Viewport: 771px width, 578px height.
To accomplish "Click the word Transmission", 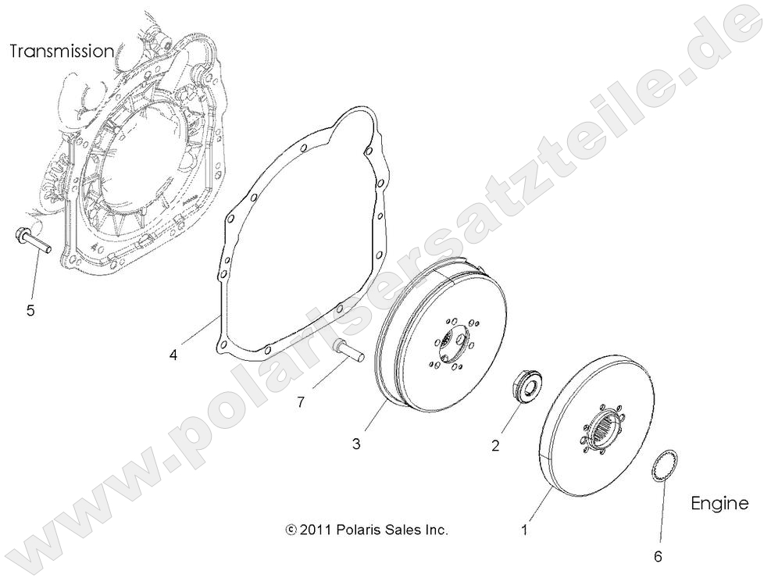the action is click(62, 52).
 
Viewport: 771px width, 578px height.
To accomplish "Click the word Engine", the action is click(719, 503).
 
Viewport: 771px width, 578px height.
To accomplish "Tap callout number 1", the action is click(525, 530).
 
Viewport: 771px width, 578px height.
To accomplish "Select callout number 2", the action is click(494, 447).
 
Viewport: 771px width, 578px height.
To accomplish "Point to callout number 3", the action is click(356, 444).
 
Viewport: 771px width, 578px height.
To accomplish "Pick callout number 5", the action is click(30, 310).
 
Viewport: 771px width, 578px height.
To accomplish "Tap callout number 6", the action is click(658, 557).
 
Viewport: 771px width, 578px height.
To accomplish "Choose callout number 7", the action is click(301, 402).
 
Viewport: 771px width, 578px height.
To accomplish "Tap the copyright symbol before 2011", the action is click(291, 530).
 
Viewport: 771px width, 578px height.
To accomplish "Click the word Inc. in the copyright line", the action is click(436, 530).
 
